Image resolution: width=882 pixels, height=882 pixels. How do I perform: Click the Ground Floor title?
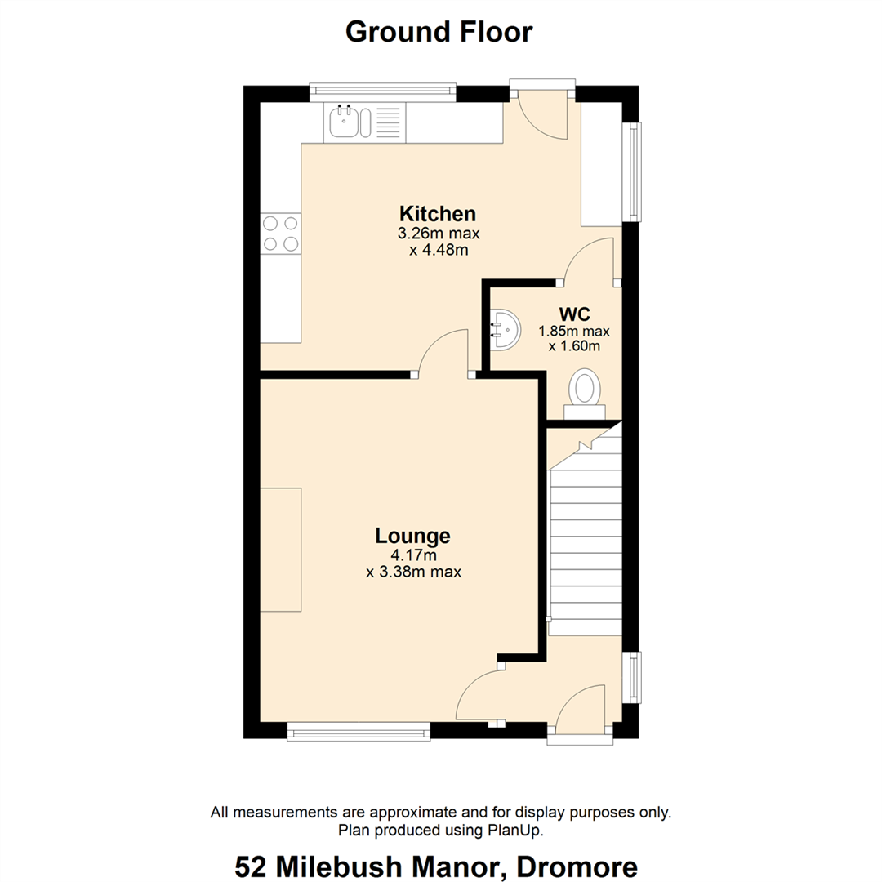pyautogui.click(x=439, y=32)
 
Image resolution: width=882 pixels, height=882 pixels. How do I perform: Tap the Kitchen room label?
pyautogui.click(x=438, y=214)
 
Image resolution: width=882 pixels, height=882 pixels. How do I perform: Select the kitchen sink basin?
pyautogui.click(x=344, y=122)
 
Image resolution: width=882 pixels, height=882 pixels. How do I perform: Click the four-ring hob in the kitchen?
pyautogui.click(x=281, y=234)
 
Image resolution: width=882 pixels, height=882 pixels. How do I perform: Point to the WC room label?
pyautogui.click(x=574, y=314)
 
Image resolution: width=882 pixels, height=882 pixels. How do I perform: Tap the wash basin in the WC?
pyautogui.click(x=504, y=330)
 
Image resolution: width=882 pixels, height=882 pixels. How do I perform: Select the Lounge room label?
pyautogui.click(x=413, y=536)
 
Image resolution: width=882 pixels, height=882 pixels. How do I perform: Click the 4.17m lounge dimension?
pyautogui.click(x=414, y=555)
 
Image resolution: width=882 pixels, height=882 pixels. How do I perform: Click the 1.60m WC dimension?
pyautogui.click(x=574, y=346)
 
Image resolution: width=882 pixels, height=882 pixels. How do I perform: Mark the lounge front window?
pyautogui.click(x=359, y=731)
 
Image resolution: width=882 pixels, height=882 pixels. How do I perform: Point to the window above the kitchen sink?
pyautogui.click(x=382, y=93)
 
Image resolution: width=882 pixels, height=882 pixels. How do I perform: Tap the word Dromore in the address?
pyautogui.click(x=577, y=867)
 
